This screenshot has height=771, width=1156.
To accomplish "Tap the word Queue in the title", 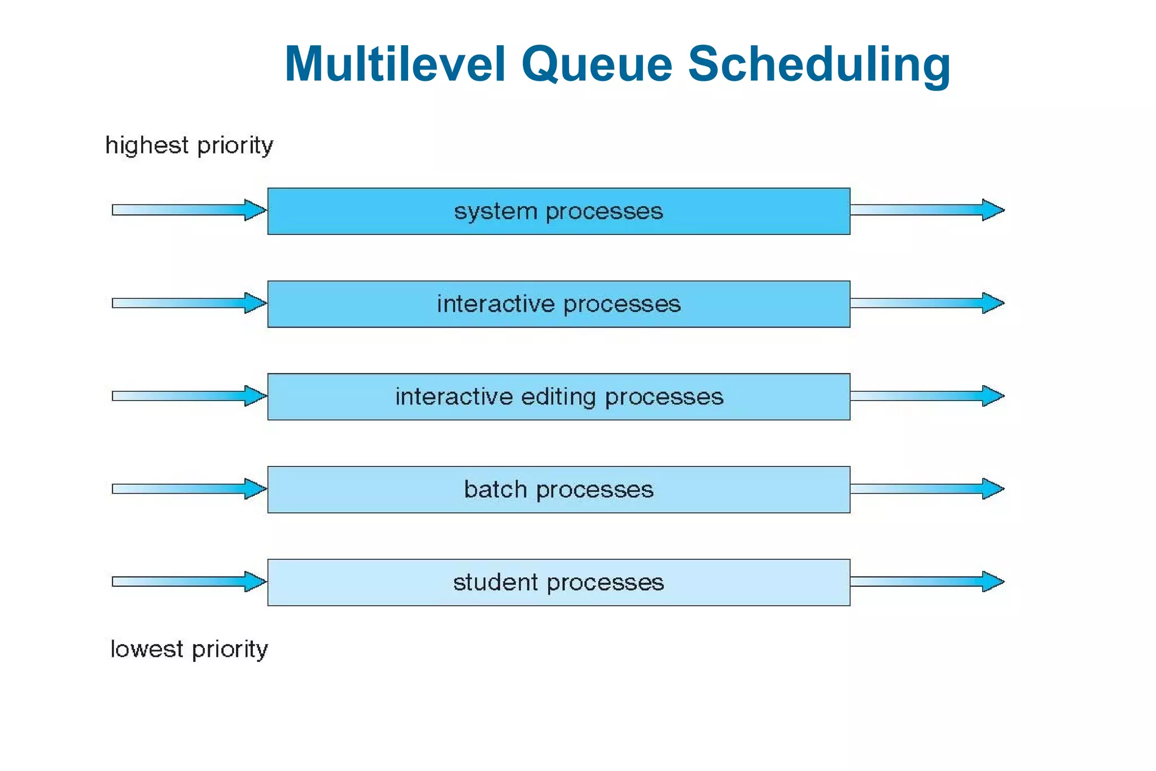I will click(597, 64).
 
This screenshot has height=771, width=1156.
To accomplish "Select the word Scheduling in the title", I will click(819, 64).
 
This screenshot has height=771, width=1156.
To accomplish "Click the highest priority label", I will click(189, 146).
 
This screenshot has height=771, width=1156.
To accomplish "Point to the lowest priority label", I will click(189, 650).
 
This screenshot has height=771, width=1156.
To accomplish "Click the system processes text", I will click(558, 212).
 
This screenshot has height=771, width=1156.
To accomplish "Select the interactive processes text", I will click(558, 304).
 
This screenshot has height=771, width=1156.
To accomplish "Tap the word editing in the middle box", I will click(558, 397).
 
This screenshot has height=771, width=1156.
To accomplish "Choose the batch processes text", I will click(558, 490).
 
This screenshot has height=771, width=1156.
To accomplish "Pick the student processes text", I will click(558, 582).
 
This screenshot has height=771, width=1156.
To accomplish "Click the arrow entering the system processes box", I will click(189, 210).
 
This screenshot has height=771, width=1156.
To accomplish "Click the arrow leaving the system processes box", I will click(927, 210).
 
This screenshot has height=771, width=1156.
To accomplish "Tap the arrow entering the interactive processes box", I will click(189, 303).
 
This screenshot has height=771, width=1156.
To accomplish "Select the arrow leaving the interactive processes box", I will click(927, 303).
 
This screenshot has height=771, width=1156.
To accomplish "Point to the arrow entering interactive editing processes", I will click(189, 396).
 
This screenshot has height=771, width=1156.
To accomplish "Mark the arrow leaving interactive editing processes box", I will click(927, 396).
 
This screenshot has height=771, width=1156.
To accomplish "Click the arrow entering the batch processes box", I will click(189, 489).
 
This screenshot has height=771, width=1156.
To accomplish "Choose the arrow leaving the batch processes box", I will click(927, 489).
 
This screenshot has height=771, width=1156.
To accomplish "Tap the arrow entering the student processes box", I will click(189, 582).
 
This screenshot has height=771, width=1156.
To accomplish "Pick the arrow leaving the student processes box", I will click(927, 582).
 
